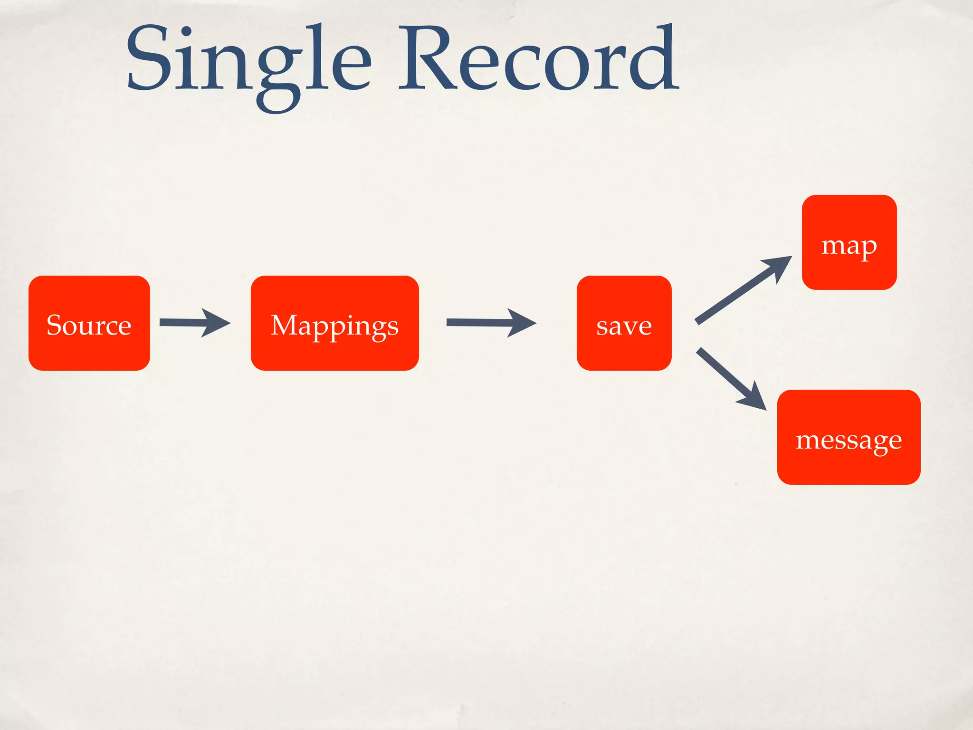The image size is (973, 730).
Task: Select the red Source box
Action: click(x=89, y=323)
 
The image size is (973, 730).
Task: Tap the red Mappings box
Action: click(x=335, y=323)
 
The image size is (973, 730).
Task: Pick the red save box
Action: click(x=624, y=323)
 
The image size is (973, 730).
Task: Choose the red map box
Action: click(x=849, y=242)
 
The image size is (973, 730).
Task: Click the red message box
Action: click(x=849, y=437)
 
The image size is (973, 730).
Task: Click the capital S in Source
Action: click(x=56, y=325)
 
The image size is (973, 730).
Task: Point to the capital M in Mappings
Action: click(x=284, y=325)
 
